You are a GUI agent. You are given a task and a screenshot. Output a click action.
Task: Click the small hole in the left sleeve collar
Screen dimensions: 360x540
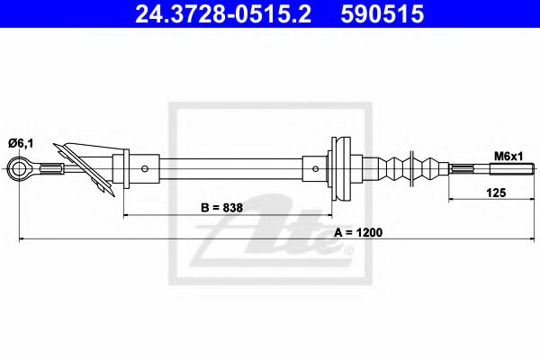click(x=146, y=167)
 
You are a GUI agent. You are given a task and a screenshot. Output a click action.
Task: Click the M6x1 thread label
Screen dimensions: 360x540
click(x=507, y=155)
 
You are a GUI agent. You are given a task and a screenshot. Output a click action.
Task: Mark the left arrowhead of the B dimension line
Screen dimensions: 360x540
click(x=126, y=216)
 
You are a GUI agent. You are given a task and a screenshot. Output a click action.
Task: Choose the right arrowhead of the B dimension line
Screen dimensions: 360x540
click(x=329, y=216)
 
